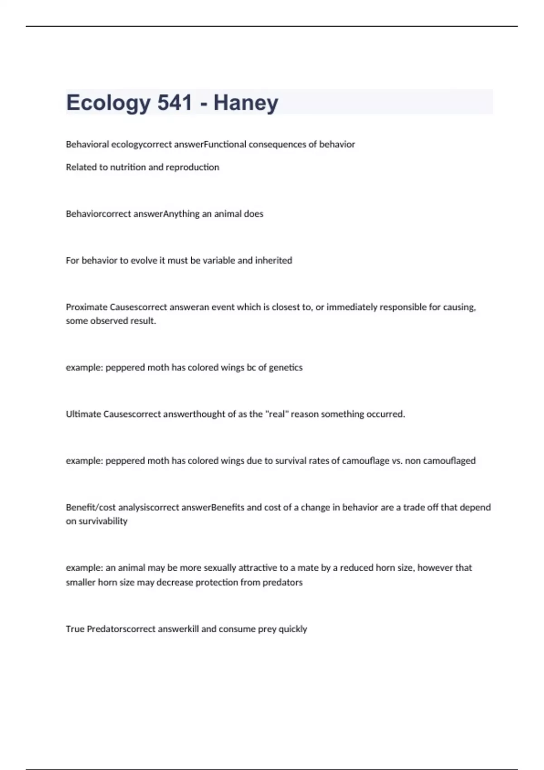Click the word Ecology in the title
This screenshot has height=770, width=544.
click(108, 103)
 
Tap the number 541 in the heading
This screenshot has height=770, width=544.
click(175, 102)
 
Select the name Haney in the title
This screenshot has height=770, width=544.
click(246, 103)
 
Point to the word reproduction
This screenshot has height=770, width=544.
click(192, 167)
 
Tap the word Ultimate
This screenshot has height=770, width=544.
click(83, 414)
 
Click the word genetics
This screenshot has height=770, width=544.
click(286, 367)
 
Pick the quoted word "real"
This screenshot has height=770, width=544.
click(277, 414)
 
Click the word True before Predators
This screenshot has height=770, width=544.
click(75, 629)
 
